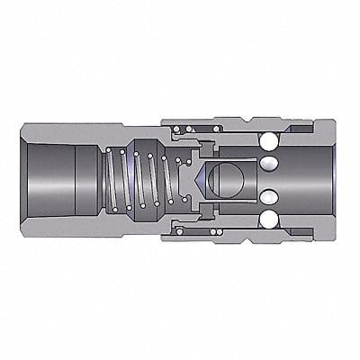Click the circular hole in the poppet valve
tap(220, 179)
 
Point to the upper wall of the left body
tap(72, 128)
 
